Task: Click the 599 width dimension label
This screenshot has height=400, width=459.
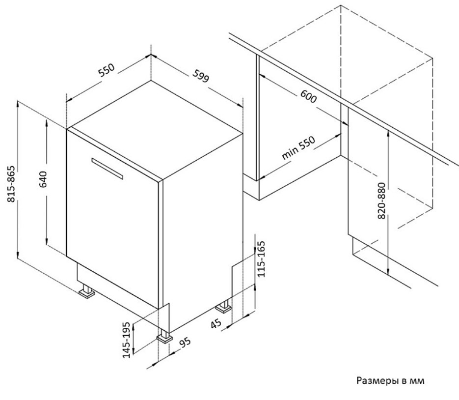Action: click(x=201, y=76)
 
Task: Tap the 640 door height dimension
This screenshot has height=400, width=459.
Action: click(x=43, y=179)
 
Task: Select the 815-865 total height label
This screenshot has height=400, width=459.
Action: click(x=11, y=184)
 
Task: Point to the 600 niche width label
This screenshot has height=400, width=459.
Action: click(x=309, y=96)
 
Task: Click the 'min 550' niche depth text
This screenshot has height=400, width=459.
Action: click(x=298, y=148)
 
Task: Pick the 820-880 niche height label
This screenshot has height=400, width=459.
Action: click(x=382, y=200)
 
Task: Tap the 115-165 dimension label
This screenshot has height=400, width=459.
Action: click(x=261, y=259)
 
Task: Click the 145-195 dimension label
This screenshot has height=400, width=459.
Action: click(x=126, y=340)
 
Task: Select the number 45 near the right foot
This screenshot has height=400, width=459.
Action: click(x=216, y=324)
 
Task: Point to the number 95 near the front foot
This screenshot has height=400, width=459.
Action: click(x=185, y=343)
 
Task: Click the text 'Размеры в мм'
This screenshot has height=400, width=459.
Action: click(x=390, y=381)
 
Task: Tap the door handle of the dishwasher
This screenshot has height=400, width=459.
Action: click(x=107, y=169)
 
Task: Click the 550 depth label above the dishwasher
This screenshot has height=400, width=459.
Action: click(x=107, y=70)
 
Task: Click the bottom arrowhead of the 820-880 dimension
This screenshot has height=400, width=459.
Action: click(x=388, y=271)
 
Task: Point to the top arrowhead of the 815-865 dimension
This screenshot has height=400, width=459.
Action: click(x=18, y=104)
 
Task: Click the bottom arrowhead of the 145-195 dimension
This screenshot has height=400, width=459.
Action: click(x=133, y=350)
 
